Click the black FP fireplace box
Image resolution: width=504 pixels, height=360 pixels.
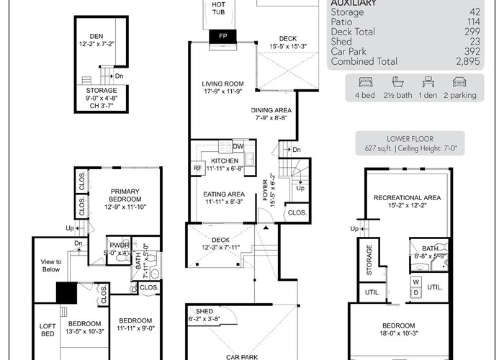tap(222, 36)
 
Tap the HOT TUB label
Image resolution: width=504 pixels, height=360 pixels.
tap(219, 9)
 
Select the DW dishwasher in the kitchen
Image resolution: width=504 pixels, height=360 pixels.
tap(238, 147)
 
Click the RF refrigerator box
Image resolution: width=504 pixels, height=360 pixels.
tap(197, 168)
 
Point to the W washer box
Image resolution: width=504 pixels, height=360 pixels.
tap(416, 282)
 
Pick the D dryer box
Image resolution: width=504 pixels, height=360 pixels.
tap(416, 292)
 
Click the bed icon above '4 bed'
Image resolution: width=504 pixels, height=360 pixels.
tap(365, 82)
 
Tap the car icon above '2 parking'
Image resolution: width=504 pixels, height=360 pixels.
tap(459, 82)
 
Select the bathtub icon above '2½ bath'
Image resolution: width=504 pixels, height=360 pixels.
tap(398, 82)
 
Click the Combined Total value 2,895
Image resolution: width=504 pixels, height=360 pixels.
tap(468, 61)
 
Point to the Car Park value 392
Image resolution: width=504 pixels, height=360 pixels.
tap(472, 51)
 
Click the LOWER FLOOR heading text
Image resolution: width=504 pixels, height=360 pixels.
tap(410, 139)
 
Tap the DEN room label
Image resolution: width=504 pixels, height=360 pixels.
tap(96, 36)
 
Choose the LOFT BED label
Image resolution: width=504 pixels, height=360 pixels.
tap(48, 330)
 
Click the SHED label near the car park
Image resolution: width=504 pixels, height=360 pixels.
tap(204, 311)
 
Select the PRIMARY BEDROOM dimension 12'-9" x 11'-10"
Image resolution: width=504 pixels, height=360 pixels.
tap(125, 207)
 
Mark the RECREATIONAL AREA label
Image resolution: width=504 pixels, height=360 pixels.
tap(407, 198)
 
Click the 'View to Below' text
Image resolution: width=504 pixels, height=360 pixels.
tap(51, 266)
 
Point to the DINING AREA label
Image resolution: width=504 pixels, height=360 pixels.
tap(271, 110)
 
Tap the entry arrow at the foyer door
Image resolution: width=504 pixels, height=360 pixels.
tap(266, 228)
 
